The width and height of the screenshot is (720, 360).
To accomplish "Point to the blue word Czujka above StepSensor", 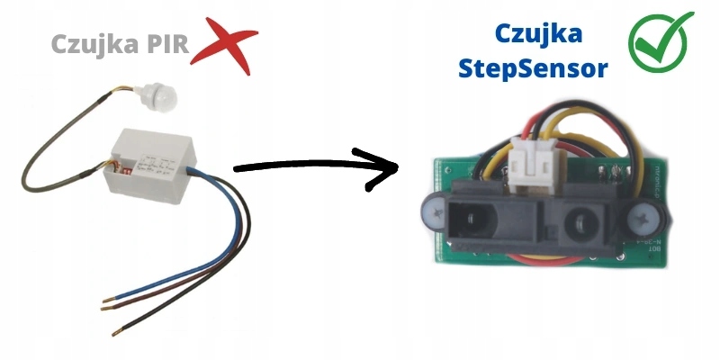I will [x=538, y=34].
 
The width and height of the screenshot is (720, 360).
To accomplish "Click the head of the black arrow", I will [x=382, y=166].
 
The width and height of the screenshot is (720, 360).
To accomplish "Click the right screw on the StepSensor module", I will [x=648, y=218].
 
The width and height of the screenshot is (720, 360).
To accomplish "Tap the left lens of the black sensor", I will [x=471, y=217].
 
